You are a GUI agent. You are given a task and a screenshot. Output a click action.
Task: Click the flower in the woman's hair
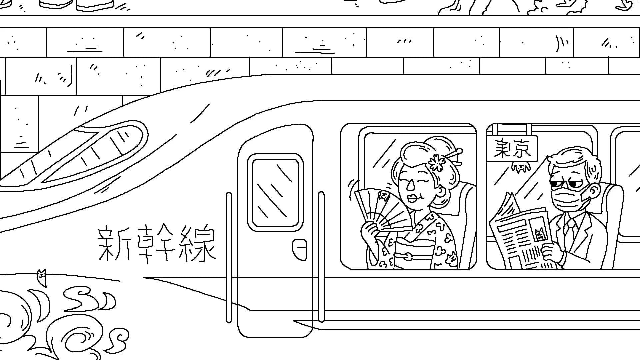pyautogui.click(x=437, y=162)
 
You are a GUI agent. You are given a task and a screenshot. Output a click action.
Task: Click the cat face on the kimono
pyautogui.click(x=452, y=259)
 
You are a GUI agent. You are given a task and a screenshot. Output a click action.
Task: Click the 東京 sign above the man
pyautogui.click(x=512, y=149)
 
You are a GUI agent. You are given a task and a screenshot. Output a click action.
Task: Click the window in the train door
pyautogui.click(x=275, y=192)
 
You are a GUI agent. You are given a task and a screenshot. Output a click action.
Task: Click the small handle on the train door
pyautogui.click(x=300, y=250)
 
